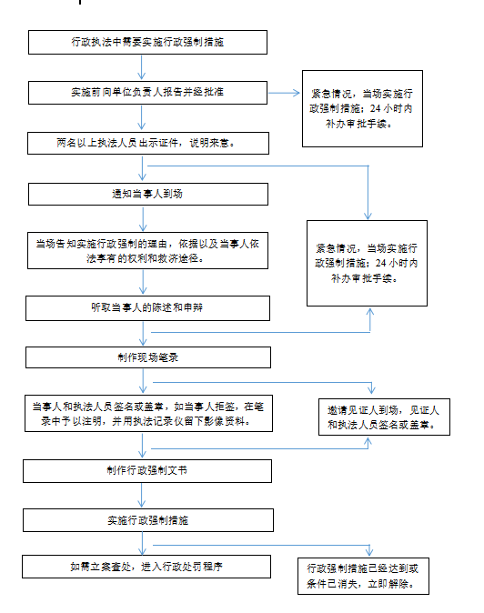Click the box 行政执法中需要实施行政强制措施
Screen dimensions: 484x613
coord(147,42)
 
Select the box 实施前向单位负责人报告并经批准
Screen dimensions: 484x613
coord(147,93)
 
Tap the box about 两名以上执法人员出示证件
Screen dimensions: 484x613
coord(147,143)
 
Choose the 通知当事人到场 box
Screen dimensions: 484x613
coord(147,194)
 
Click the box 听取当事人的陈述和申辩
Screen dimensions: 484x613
coord(147,308)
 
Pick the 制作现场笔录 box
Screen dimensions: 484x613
coord(147,357)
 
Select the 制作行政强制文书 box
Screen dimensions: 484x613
coord(147,471)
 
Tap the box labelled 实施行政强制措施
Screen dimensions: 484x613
coord(147,520)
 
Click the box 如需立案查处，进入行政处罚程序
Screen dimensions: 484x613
coord(146,567)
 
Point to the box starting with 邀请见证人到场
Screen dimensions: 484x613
coord(384,417)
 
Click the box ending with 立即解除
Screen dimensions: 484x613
coord(363,576)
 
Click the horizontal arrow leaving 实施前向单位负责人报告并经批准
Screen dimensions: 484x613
coord(284,93)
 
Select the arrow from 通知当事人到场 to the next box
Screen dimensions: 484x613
coord(143,219)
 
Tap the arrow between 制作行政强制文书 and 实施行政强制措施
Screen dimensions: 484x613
coord(142,496)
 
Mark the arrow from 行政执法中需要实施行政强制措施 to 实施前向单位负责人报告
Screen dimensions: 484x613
coord(141,67)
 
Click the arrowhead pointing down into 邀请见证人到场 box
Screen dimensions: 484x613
coord(371,388)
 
